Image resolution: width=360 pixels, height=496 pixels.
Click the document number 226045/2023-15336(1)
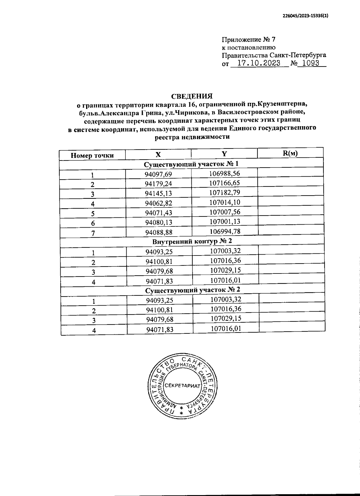[305, 17]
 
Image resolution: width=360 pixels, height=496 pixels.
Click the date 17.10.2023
[259, 64]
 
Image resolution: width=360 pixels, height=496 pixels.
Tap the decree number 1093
[310, 64]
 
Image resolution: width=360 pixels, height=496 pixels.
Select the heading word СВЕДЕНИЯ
[192, 96]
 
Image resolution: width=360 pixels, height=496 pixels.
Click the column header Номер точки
[92, 155]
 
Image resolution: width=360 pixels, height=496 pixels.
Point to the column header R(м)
[290, 154]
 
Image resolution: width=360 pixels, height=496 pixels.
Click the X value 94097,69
[158, 174]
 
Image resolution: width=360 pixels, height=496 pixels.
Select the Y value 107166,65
[224, 183]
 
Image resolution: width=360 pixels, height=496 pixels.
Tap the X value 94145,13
[158, 193]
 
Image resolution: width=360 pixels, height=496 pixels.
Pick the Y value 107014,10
[225, 202]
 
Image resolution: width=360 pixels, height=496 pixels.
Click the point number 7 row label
[93, 233]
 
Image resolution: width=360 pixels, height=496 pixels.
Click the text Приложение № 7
[248, 40]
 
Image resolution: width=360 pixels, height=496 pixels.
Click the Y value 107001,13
[225, 221]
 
